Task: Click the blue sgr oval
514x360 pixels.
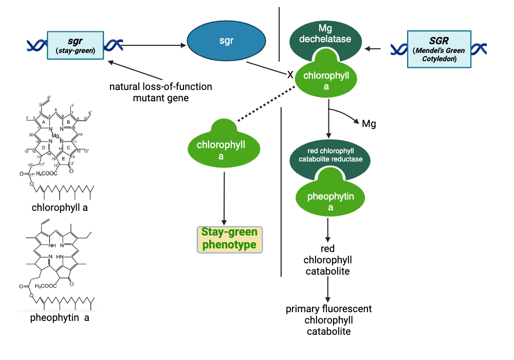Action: pyautogui.click(x=226, y=41)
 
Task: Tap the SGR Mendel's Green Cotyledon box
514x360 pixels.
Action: pyautogui.click(x=439, y=49)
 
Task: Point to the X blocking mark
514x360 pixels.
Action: pyautogui.click(x=290, y=75)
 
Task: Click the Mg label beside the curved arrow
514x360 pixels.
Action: pyautogui.click(x=369, y=124)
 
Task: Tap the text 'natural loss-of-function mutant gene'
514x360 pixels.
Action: pyautogui.click(x=160, y=92)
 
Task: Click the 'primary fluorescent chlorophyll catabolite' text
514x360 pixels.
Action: pyautogui.click(x=328, y=320)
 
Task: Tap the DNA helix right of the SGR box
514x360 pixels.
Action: pyautogui.click(x=479, y=49)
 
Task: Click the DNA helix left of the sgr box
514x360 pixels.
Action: pyautogui.click(x=36, y=45)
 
